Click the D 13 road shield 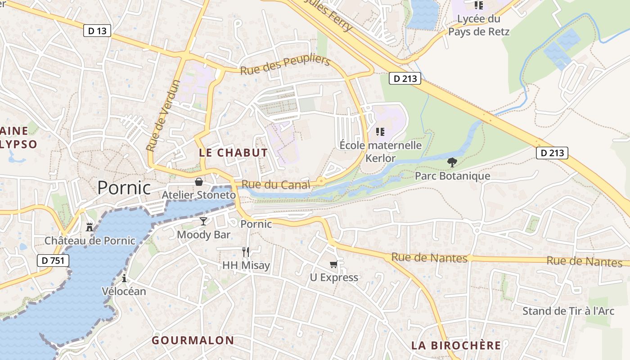pyautogui.click(x=97, y=31)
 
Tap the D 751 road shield pyautogui.click(x=53, y=260)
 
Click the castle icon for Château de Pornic pyautogui.click(x=90, y=226)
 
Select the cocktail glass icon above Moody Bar pyautogui.click(x=203, y=221)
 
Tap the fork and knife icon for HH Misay pyautogui.click(x=246, y=252)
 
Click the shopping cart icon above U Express pyautogui.click(x=334, y=264)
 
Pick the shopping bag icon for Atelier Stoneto pyautogui.click(x=198, y=182)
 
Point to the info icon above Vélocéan pyautogui.click(x=124, y=278)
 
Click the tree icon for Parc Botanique pyautogui.click(x=452, y=162)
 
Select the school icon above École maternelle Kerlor pyautogui.click(x=380, y=131)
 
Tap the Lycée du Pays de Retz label pyautogui.click(x=479, y=25)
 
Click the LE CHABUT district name pyautogui.click(x=233, y=153)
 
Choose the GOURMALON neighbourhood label pyautogui.click(x=193, y=340)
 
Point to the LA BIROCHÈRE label pyautogui.click(x=456, y=346)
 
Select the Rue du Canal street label pyautogui.click(x=276, y=184)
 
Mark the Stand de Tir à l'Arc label pyautogui.click(x=568, y=311)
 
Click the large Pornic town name pyautogui.click(x=124, y=188)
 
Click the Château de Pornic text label pyautogui.click(x=90, y=241)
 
